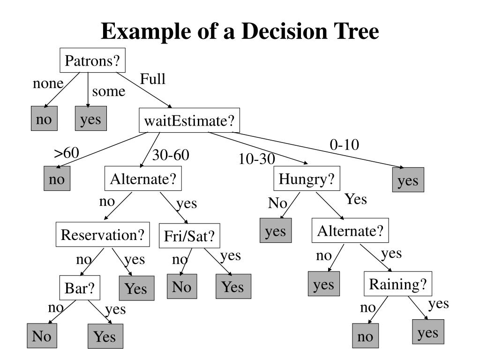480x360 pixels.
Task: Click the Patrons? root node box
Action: click(x=93, y=60)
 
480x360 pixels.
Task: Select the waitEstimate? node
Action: click(x=189, y=121)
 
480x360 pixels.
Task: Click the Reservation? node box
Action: click(x=103, y=234)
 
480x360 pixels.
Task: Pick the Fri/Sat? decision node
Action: click(x=189, y=237)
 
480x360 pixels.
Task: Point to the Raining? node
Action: click(x=398, y=284)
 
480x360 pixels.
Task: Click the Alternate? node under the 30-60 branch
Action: click(x=142, y=179)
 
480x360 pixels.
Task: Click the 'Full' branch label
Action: click(x=153, y=79)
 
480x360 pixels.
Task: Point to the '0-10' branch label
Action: click(x=344, y=145)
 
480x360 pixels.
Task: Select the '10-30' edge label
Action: click(x=256, y=159)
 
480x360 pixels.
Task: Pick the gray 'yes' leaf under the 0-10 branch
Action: click(x=408, y=180)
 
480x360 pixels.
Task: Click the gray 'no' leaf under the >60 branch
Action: click(x=57, y=179)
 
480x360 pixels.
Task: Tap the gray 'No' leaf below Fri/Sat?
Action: click(x=182, y=286)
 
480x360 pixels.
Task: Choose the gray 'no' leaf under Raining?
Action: click(x=365, y=336)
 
